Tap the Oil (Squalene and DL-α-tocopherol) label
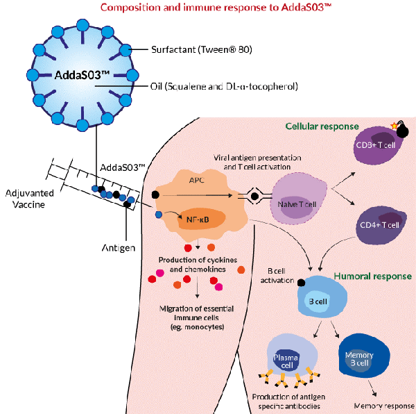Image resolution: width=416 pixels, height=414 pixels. click(x=223, y=87)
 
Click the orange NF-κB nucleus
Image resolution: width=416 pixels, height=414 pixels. click(x=200, y=221)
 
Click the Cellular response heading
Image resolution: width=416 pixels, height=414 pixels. click(x=322, y=126)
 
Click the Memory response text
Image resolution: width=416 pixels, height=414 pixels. click(x=383, y=405)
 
